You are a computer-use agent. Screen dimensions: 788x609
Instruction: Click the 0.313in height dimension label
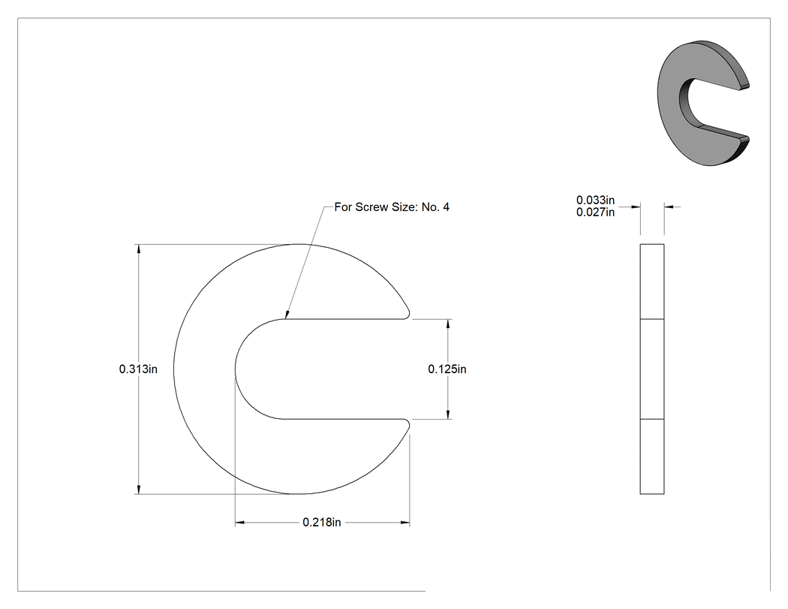pyautogui.click(x=138, y=369)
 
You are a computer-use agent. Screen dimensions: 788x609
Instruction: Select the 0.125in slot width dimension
pyautogui.click(x=447, y=369)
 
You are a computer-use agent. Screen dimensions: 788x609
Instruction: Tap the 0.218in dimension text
pyautogui.click(x=322, y=523)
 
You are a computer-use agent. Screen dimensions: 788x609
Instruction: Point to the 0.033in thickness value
pyautogui.click(x=596, y=200)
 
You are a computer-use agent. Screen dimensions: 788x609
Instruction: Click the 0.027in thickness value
pyautogui.click(x=596, y=213)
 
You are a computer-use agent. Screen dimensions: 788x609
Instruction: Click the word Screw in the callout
pyautogui.click(x=372, y=207)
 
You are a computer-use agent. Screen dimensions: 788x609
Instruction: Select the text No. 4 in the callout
pyautogui.click(x=436, y=207)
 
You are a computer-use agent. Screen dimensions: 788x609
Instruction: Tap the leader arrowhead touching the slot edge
pyautogui.click(x=287, y=314)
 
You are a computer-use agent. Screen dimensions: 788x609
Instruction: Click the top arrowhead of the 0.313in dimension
pyautogui.click(x=139, y=249)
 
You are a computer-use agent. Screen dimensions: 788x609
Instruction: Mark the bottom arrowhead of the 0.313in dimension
pyautogui.click(x=139, y=489)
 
